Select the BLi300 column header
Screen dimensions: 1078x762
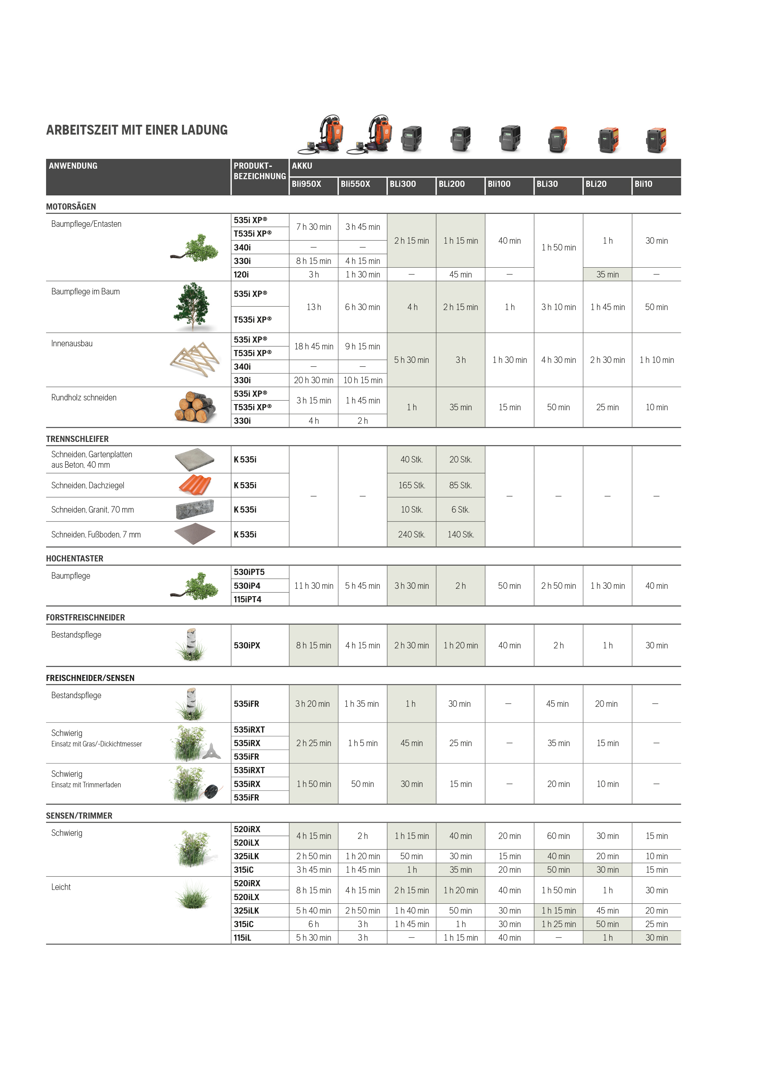pos(403,184)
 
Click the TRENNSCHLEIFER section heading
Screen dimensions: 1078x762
pos(77,439)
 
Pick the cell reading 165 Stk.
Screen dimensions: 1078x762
pos(412,486)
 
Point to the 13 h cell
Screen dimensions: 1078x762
pos(314,307)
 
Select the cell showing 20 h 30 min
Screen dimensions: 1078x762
pos(314,380)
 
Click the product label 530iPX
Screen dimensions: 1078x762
pos(247,646)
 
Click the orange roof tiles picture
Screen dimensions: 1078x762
pos(195,485)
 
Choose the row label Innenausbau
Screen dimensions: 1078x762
pos(72,344)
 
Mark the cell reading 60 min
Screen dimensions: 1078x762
pos(558,836)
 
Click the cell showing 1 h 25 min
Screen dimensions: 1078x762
pos(558,924)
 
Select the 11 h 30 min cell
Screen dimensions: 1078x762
pos(314,586)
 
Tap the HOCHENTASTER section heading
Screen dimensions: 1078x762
pos(75,559)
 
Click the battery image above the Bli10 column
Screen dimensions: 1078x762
pos(656,140)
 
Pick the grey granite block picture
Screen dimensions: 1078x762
pos(195,509)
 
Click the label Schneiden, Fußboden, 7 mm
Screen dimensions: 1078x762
pos(96,535)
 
